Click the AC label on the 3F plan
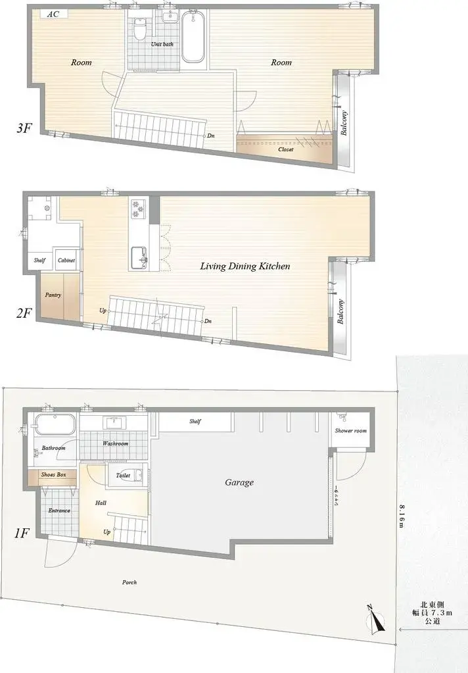pos(53,14)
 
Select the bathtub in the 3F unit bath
pos(193,37)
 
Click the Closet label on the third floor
pos(286,149)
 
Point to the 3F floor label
pos(24,128)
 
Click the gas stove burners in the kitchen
pos(138,208)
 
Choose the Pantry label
pos(53,295)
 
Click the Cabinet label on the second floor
pos(66,260)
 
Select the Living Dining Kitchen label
pos(245,266)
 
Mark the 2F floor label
pos(24,313)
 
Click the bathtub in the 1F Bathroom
pos(55,424)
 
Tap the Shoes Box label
pos(54,475)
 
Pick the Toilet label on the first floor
pos(123,476)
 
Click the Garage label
pos(239,482)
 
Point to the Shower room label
pos(351,430)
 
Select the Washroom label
pos(116,443)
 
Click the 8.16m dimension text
pos(401,515)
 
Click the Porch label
pos(129,582)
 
